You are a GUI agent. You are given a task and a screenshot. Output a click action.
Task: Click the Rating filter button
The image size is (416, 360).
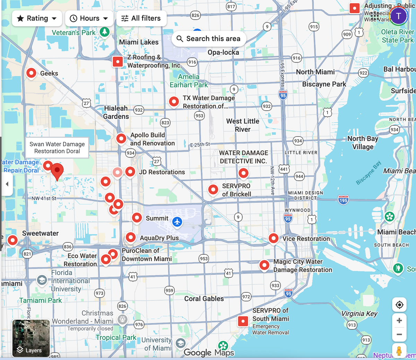click(x=37, y=18)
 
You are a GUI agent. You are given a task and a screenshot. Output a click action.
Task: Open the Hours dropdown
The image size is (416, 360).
click(x=89, y=18)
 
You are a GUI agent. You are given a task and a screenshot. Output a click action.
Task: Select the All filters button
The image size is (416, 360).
click(x=141, y=18)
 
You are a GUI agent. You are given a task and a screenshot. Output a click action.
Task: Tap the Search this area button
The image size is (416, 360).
click(x=209, y=38)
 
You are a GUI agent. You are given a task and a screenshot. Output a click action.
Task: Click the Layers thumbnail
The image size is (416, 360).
click(x=31, y=338)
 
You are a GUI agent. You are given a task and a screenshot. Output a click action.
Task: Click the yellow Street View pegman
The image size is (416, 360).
click(x=399, y=351)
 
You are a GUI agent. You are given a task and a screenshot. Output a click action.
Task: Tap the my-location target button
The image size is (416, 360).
click(x=399, y=305)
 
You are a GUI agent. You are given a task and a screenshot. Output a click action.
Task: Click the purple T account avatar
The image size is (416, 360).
click(x=399, y=16)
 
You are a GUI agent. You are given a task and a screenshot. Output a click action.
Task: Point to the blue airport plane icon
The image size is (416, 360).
click(x=177, y=222)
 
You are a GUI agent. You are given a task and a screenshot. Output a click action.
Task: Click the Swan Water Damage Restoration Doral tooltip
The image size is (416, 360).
click(x=57, y=148)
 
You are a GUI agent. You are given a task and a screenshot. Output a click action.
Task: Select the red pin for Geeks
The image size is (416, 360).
click(x=31, y=73)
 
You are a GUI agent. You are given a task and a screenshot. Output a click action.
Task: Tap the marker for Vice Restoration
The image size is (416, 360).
click(x=274, y=238)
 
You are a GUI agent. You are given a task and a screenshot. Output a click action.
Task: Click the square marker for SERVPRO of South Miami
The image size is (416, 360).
click(x=243, y=321)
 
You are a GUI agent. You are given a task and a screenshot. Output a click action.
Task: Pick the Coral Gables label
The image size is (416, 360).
click(x=204, y=299)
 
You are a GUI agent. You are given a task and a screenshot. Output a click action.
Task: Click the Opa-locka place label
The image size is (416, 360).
click(x=223, y=52)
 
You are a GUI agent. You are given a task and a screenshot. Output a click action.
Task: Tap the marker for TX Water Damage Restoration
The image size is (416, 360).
click(x=174, y=102)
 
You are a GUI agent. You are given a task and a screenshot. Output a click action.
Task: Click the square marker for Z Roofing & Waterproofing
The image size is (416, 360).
click(x=118, y=62)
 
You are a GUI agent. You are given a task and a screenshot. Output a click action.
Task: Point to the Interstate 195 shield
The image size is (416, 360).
click(x=343, y=200)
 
